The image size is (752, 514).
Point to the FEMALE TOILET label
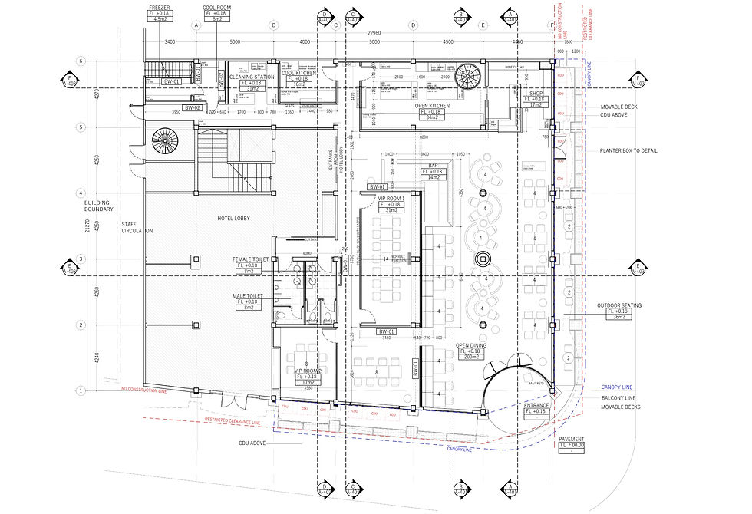point(250,260)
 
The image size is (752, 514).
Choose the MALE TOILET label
point(250,295)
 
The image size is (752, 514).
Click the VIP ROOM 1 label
point(393,199)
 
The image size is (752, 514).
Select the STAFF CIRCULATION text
point(137,226)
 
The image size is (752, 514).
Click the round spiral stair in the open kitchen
point(466,77)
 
